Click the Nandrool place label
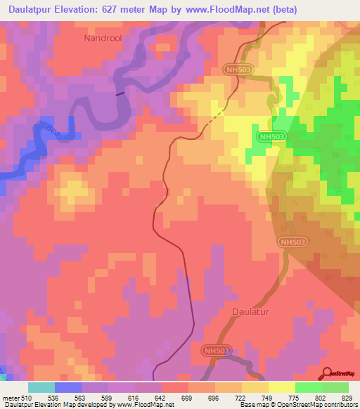(x=103, y=39)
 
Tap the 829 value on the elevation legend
(x=349, y=397)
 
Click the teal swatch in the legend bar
(x=41, y=387)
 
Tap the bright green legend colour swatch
(x=309, y=387)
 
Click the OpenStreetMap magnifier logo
(x=326, y=375)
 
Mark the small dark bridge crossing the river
(x=120, y=92)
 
